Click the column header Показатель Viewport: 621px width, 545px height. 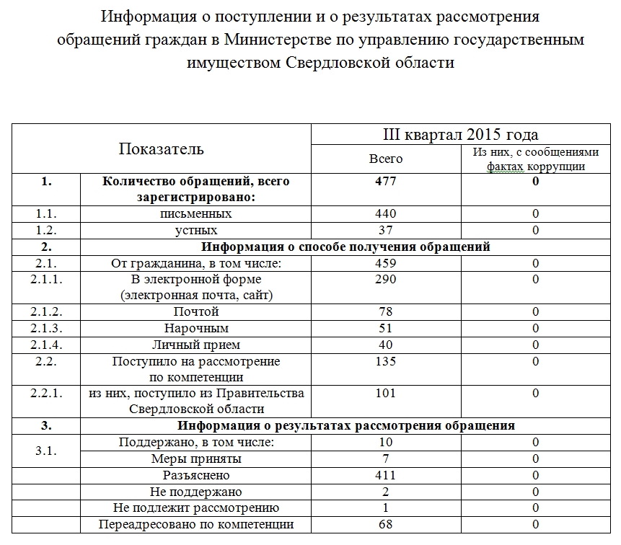click(x=161, y=149)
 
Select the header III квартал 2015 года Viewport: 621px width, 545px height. click(x=460, y=135)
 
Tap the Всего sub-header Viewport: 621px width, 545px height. click(x=386, y=159)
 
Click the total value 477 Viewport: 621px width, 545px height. click(x=386, y=182)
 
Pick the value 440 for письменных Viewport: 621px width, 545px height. click(x=386, y=214)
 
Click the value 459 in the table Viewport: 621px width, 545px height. click(x=386, y=263)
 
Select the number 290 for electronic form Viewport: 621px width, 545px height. click(x=386, y=279)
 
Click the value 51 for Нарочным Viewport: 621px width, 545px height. click(x=386, y=329)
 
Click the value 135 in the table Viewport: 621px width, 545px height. click(x=386, y=361)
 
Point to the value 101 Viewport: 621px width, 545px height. click(x=386, y=394)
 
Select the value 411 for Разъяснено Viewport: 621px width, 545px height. click(x=386, y=476)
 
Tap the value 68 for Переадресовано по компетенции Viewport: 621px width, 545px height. click(x=386, y=525)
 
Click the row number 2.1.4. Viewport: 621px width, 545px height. click(x=47, y=345)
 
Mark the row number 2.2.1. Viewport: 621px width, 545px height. click(x=47, y=394)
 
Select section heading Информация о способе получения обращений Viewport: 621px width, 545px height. click(x=346, y=247)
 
